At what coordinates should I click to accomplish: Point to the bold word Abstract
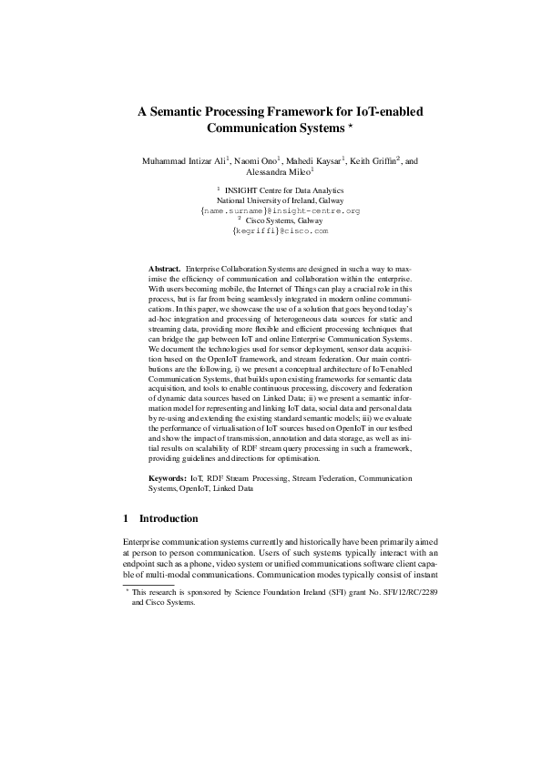pos(164,271)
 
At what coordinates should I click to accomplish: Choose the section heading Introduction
pos(169,519)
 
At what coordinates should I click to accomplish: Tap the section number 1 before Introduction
pos(126,519)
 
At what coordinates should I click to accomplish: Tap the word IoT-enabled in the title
pos(385,112)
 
